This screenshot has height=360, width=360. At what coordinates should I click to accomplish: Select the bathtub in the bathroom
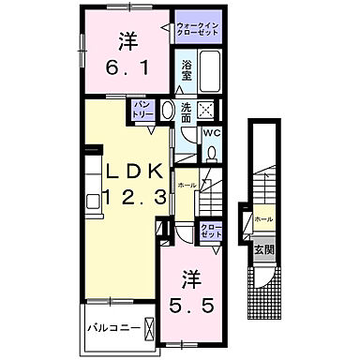(209, 69)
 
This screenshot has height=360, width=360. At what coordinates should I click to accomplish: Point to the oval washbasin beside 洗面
(169, 110)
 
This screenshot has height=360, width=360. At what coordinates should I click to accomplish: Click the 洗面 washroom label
(187, 112)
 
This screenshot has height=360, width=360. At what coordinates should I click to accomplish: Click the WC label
(212, 133)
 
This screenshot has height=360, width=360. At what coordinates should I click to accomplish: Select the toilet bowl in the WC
(212, 152)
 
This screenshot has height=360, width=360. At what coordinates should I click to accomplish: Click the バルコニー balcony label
(115, 331)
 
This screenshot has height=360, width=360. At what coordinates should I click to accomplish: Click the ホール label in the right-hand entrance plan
(263, 219)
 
